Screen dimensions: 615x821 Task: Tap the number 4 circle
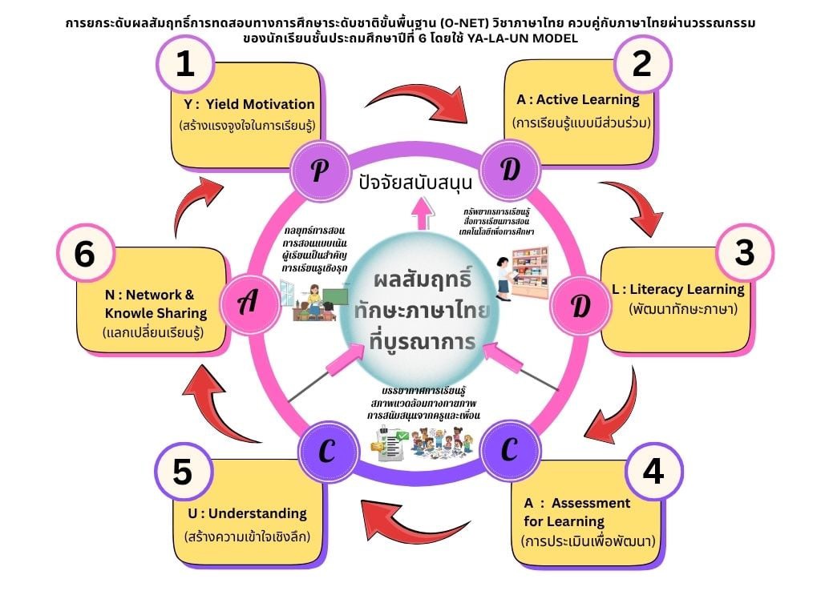pos(653,472)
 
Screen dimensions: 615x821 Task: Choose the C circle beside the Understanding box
pos(326,451)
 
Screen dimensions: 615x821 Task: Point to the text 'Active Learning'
pos(588,100)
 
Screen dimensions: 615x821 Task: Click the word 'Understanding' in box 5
pos(256,513)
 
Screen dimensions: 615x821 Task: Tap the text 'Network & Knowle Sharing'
pos(151,303)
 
